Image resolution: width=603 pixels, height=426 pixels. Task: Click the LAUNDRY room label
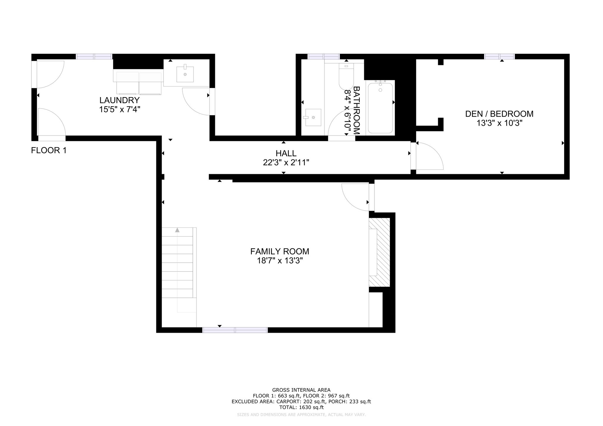coord(119,100)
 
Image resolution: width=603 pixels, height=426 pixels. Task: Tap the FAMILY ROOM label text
coord(280,252)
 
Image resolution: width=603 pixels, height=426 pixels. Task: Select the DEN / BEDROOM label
coord(499,114)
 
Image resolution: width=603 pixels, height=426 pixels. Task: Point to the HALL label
coord(286,153)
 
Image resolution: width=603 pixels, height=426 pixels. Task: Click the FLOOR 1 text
coord(49,151)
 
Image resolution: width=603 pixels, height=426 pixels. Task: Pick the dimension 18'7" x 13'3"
coord(280,261)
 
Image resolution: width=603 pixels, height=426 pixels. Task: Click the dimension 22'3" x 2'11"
coord(286,163)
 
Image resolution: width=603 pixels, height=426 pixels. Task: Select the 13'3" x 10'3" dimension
coord(499,123)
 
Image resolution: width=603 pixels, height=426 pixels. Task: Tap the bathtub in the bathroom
coord(380,108)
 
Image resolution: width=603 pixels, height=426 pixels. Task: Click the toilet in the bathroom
coord(346,76)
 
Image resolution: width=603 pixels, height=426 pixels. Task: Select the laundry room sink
coord(185,74)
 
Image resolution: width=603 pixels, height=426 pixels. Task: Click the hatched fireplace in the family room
coord(380,252)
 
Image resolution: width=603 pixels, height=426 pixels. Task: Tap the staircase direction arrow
coord(177,230)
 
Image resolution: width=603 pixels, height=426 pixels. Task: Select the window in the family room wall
coord(235,330)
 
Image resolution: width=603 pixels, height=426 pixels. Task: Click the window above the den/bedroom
coord(500,56)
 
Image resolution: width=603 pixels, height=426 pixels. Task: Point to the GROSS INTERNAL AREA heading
coord(301,390)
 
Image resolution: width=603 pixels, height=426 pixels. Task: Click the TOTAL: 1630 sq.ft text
coord(301,407)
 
